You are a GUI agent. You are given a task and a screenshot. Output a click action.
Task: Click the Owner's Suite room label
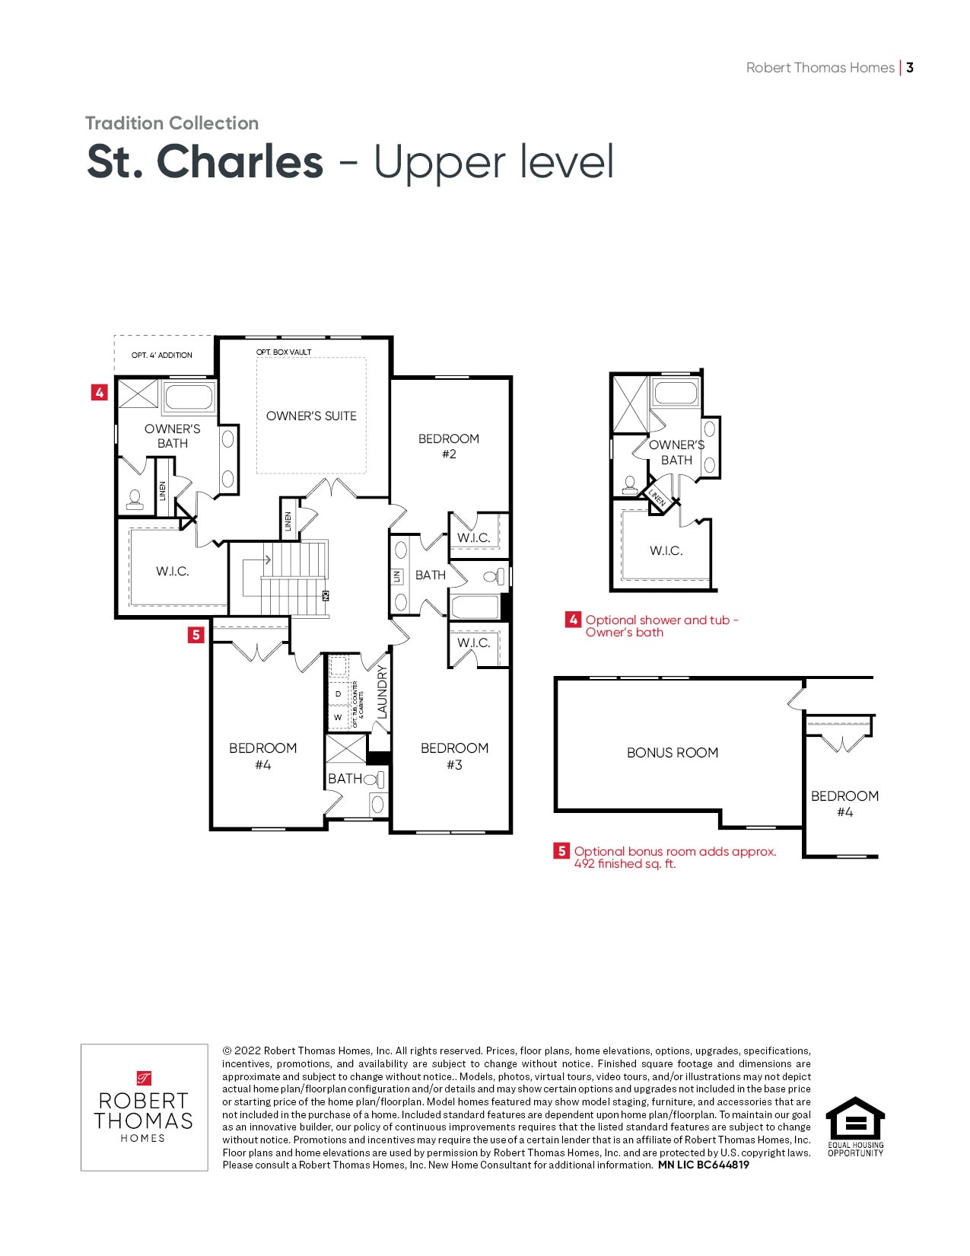point(311,416)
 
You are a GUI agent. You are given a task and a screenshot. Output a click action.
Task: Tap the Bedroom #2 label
point(448,446)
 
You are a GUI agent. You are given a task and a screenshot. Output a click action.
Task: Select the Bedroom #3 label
point(454,756)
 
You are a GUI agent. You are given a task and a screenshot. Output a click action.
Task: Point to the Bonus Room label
point(673,753)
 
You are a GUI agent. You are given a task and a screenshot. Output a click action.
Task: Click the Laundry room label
point(382,692)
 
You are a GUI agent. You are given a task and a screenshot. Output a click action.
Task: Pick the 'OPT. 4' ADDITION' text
point(162,355)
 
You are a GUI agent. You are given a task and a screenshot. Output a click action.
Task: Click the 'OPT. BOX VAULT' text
point(284,352)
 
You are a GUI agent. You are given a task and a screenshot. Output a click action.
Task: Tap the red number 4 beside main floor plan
point(100,393)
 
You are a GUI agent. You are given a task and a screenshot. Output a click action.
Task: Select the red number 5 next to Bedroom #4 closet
point(196,635)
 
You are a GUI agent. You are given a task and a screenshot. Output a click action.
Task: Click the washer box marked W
point(338,717)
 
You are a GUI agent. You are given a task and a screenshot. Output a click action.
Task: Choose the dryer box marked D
point(338,693)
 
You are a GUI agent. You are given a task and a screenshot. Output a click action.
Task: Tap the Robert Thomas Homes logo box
point(145,1108)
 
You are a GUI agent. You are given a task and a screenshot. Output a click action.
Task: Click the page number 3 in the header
point(910,68)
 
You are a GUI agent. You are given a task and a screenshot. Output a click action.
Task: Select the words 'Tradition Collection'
point(172,123)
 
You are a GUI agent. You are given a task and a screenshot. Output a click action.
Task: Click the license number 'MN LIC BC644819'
point(704,1165)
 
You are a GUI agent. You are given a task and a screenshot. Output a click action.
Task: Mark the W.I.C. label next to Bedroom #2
point(474,537)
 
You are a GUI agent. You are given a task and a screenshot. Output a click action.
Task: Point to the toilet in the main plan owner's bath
point(135,500)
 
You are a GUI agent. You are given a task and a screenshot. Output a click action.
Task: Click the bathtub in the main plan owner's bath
point(189,397)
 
